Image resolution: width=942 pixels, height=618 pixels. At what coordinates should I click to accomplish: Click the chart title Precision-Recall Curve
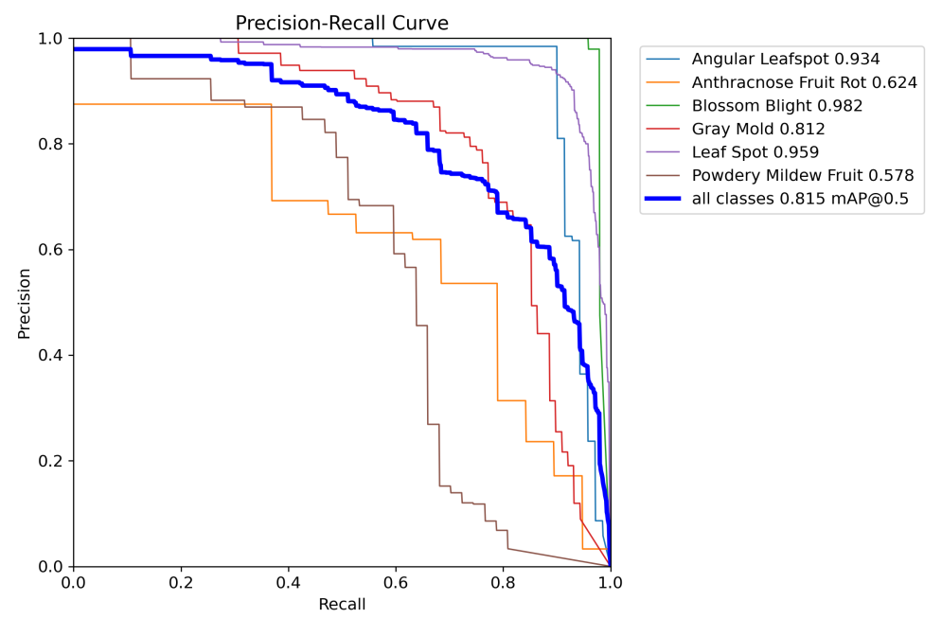point(342,23)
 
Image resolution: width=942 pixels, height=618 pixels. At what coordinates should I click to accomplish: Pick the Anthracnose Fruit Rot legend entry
point(804,82)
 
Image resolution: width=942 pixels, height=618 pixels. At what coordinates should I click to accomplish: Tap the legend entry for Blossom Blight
point(776,106)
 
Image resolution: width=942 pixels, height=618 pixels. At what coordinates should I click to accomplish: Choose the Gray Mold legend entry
point(757,129)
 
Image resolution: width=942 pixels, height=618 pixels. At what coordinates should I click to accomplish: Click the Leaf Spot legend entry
point(755,152)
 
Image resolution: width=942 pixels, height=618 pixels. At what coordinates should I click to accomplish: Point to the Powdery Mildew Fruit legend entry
point(802,175)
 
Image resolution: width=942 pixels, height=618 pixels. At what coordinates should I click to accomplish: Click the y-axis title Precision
point(25,303)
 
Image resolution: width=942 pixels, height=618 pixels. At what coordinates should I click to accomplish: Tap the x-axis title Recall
point(342,604)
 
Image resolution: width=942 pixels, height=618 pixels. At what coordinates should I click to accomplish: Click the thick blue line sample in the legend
point(665,199)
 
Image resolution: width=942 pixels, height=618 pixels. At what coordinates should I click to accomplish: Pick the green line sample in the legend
point(665,106)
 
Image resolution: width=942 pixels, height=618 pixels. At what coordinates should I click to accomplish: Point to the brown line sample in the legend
point(665,175)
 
